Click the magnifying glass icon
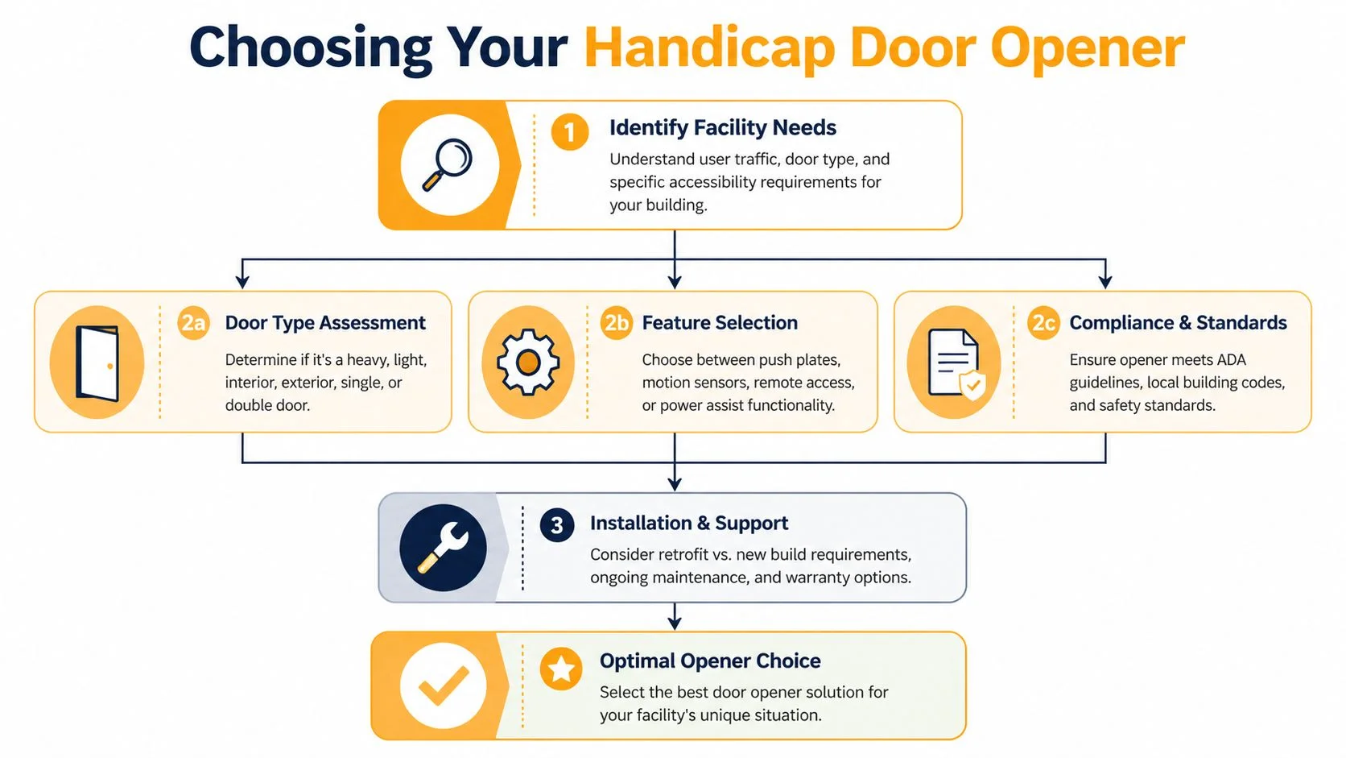tap(449, 165)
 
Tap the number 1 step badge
tap(569, 131)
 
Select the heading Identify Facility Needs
tap(722, 128)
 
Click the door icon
tap(97, 362)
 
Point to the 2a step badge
tap(193, 323)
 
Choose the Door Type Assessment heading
tap(324, 323)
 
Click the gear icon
tap(527, 362)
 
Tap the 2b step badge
tap(617, 323)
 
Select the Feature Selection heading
tap(719, 323)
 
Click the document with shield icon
tap(954, 362)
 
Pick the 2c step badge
tap(1043, 323)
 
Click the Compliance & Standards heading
tap(1177, 323)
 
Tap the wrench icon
tap(443, 548)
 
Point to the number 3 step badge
tap(556, 525)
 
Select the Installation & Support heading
tap(688, 524)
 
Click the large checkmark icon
tap(443, 686)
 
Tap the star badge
tap(561, 669)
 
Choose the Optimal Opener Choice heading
tap(709, 661)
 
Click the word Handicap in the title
tap(709, 48)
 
